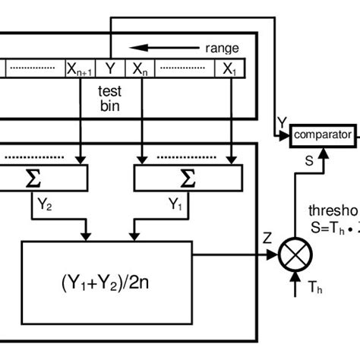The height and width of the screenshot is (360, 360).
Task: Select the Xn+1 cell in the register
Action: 80,68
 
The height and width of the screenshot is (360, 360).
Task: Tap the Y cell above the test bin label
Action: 110,68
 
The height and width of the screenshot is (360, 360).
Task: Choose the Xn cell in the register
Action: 141,68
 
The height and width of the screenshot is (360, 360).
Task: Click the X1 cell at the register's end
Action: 229,68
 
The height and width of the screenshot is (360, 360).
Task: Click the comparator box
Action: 323,136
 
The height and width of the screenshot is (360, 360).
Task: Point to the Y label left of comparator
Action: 283,122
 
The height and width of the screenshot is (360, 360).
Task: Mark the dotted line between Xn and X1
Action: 183,68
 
